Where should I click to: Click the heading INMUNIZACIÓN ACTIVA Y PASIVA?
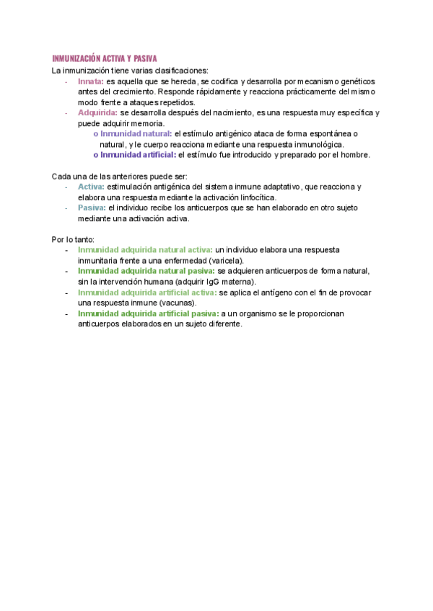pyautogui.click(x=105, y=58)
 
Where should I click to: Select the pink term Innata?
pyautogui.click(x=91, y=82)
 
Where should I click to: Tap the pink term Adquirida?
pyautogui.click(x=97, y=113)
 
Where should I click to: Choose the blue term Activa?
pyautogui.click(x=91, y=187)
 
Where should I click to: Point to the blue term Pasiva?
pyautogui.click(x=92, y=208)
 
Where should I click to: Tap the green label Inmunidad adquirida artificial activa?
pyautogui.click(x=147, y=293)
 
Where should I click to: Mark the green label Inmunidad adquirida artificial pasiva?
pyautogui.click(x=148, y=314)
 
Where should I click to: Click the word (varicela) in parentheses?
pyautogui.click(x=227, y=260)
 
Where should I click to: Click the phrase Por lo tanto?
pyautogui.click(x=73, y=239)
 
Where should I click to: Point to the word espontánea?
pyautogui.click(x=328, y=134)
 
